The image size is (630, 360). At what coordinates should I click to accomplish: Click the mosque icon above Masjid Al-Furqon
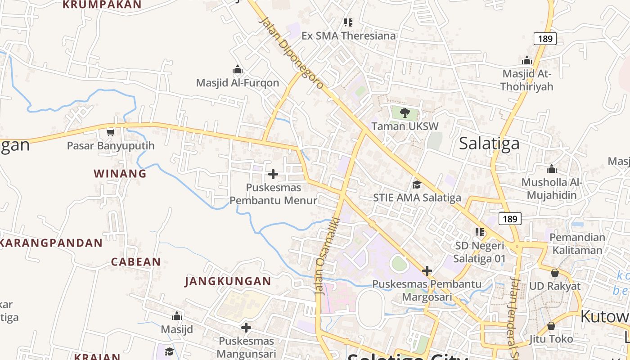pyautogui.click(x=238, y=70)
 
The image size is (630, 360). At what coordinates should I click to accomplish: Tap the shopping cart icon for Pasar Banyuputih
pyautogui.click(x=111, y=132)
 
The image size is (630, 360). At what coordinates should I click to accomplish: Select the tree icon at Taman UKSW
pyautogui.click(x=405, y=112)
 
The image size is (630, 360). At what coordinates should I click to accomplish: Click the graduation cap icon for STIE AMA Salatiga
pyautogui.click(x=417, y=184)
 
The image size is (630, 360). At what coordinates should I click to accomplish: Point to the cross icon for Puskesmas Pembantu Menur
pyautogui.click(x=273, y=174)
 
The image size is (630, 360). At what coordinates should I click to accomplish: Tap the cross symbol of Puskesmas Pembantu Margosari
pyautogui.click(x=427, y=271)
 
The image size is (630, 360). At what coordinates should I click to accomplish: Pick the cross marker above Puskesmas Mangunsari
pyautogui.click(x=246, y=328)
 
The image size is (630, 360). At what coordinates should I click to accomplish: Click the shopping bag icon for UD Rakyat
pyautogui.click(x=555, y=273)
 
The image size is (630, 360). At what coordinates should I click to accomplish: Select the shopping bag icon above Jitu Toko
pyautogui.click(x=551, y=326)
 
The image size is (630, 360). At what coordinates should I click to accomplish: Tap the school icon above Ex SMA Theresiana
pyautogui.click(x=348, y=22)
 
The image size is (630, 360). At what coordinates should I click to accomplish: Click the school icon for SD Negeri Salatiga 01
pyautogui.click(x=480, y=232)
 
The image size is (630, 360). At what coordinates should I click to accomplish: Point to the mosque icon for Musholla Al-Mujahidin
pyautogui.click(x=552, y=169)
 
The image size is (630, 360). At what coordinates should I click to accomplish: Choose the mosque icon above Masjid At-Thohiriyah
pyautogui.click(x=527, y=60)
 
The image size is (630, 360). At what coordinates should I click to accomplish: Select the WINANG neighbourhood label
pyautogui.click(x=120, y=173)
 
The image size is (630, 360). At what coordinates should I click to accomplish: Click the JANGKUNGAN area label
pyautogui.click(x=228, y=282)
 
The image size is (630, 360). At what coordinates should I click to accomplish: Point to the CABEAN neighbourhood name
pyautogui.click(x=136, y=262)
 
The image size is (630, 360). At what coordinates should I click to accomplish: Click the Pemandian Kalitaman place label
pyautogui.click(x=577, y=244)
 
